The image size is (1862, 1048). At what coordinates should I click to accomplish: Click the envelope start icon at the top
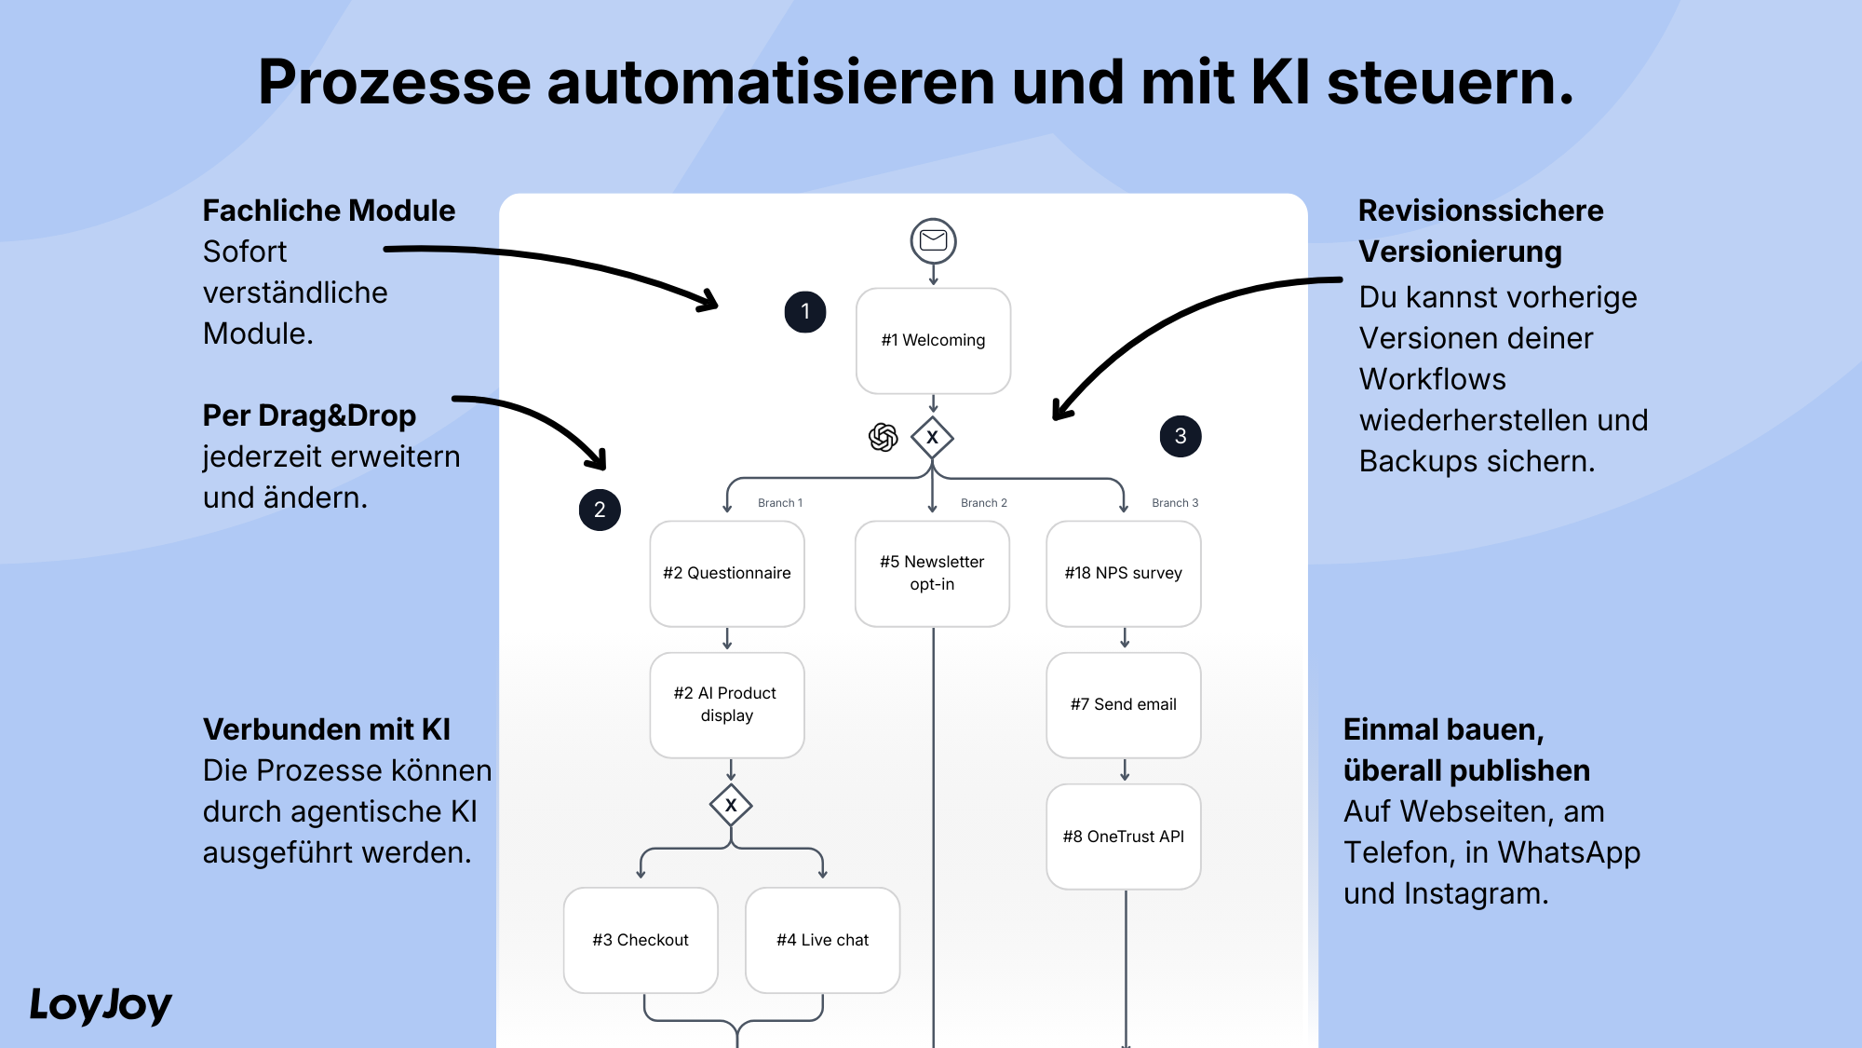[x=933, y=241]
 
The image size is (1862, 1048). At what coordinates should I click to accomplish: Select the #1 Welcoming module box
[x=933, y=340]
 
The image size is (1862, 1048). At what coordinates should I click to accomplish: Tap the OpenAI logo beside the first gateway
[x=883, y=437]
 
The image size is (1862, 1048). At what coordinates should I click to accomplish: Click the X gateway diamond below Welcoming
[x=932, y=437]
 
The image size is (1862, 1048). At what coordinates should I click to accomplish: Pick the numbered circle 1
[x=805, y=312]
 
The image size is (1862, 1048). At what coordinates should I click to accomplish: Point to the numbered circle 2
[x=600, y=510]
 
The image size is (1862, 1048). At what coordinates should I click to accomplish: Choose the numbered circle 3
[x=1181, y=436]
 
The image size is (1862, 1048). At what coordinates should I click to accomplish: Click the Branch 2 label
[x=984, y=503]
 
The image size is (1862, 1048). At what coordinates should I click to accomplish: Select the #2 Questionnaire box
[x=727, y=573]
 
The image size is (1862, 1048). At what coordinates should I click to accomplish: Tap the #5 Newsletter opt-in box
[x=932, y=573]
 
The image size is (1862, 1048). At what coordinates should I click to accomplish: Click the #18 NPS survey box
[x=1124, y=573]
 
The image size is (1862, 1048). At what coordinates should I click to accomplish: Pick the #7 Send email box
[x=1124, y=704]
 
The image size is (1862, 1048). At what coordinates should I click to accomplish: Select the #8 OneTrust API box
[x=1124, y=837]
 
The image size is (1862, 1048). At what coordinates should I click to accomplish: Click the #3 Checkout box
[x=641, y=940]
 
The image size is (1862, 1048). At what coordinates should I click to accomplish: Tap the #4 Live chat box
[x=823, y=940]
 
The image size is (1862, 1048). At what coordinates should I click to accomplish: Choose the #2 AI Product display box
[x=727, y=704]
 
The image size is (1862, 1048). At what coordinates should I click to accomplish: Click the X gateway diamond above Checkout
[x=731, y=805]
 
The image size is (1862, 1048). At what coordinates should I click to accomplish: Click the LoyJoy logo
[x=101, y=1005]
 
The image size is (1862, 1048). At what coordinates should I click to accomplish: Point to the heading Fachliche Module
[x=329, y=211]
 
